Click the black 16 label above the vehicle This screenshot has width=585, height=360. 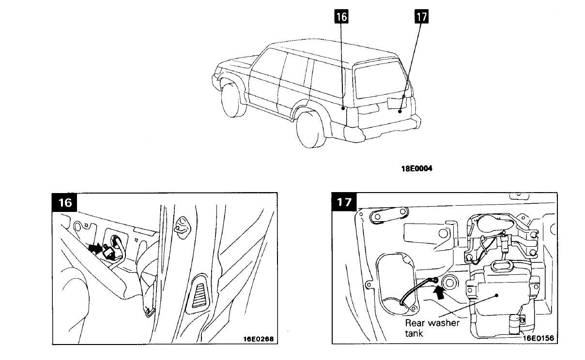[x=341, y=17]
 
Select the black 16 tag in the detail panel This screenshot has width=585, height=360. [x=65, y=203]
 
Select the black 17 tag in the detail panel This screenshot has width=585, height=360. [x=344, y=203]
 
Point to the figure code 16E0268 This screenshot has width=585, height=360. [x=259, y=339]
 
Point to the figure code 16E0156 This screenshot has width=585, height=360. [x=538, y=339]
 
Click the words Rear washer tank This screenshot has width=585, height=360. [x=432, y=328]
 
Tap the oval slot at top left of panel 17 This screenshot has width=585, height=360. [x=381, y=217]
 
